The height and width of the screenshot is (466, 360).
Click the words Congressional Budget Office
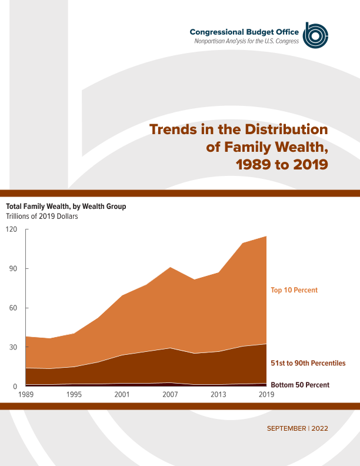[244, 31]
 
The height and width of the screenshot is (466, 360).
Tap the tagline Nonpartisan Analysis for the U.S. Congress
[247, 41]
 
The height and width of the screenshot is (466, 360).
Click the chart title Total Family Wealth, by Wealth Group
[66, 207]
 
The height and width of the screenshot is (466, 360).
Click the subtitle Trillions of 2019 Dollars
[42, 216]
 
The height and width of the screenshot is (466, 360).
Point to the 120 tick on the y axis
[11, 229]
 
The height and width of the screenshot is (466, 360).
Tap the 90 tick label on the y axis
[14, 269]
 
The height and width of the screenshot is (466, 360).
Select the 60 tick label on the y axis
[14, 308]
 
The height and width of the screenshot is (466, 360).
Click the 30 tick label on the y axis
[14, 347]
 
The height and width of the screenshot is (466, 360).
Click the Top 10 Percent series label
[294, 290]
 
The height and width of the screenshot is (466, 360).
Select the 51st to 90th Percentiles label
[308, 363]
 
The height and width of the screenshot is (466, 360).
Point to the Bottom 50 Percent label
[300, 385]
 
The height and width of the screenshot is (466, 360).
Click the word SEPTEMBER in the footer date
[286, 428]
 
